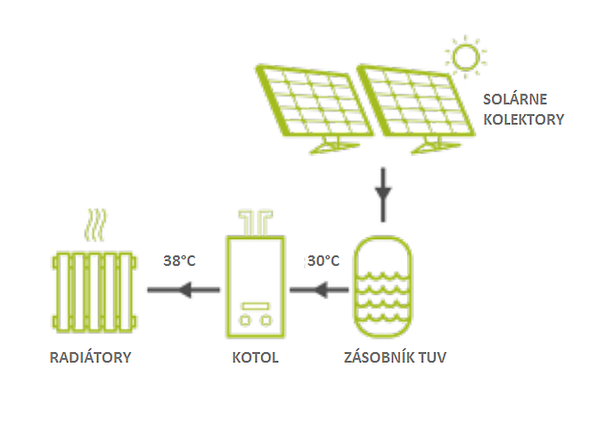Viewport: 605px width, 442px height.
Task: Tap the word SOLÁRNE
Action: pos(515,99)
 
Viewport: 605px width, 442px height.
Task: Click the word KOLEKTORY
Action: pos(524,119)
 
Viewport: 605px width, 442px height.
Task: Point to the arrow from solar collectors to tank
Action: pos(383,195)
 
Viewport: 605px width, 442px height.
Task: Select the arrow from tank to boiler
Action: pos(319,290)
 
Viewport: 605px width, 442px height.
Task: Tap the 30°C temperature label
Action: pos(323,261)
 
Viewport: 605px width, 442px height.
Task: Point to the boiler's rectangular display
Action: pos(256,306)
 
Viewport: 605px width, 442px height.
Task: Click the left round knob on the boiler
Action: pos(245,320)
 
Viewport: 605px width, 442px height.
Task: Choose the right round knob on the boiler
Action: pos(266,320)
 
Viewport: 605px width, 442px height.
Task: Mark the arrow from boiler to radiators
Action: pos(183,290)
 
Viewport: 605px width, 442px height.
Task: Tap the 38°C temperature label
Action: pos(180,261)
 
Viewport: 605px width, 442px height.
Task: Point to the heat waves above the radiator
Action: pos(95,225)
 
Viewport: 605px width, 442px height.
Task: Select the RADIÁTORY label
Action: pos(91,357)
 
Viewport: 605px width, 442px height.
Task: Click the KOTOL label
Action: pos(256,357)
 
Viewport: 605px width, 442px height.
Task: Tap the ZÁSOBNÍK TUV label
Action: pos(395,357)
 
